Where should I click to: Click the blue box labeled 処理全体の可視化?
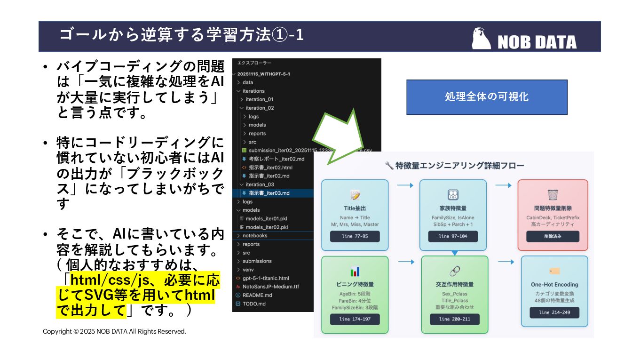tap(487, 97)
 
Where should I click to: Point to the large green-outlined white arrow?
tap(338, 136)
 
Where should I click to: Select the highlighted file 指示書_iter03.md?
tap(269, 193)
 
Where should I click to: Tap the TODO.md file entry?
tap(254, 304)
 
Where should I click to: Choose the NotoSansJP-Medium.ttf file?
tap(270, 287)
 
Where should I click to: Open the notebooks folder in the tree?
tap(255, 235)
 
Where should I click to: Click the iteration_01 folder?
tap(259, 99)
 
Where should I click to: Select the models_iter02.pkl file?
tap(267, 227)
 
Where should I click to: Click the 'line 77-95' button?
tap(355, 236)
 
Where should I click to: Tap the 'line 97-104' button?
tap(453, 236)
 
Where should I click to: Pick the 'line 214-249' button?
tap(554, 312)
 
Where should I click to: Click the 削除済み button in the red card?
tap(553, 236)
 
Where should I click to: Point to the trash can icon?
tap(553, 195)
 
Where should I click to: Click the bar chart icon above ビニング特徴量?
tap(355, 272)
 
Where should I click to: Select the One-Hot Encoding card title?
tap(554, 285)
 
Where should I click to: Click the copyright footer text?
tap(114, 332)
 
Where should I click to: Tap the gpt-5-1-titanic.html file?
tap(266, 278)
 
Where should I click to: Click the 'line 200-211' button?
tap(454, 319)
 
